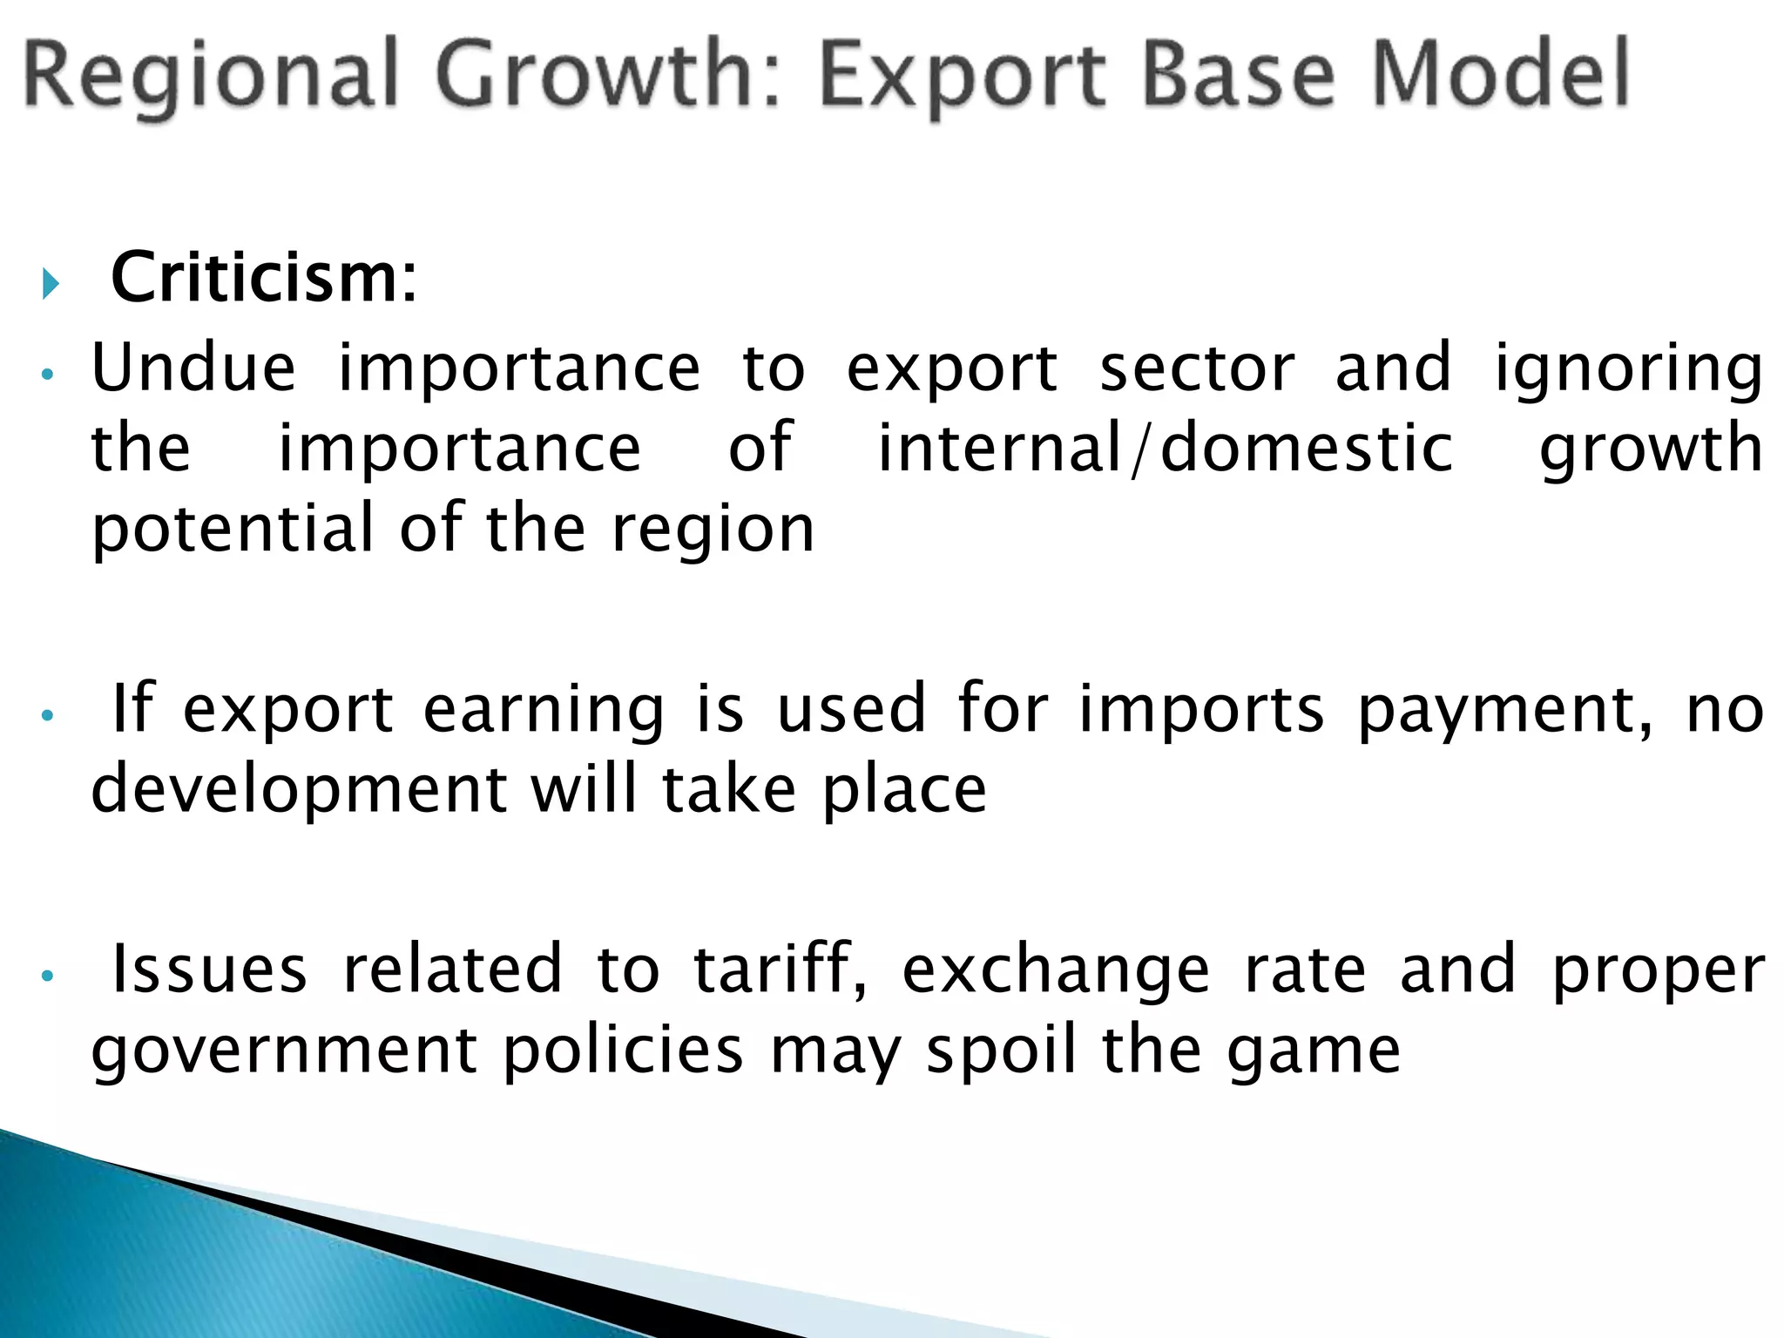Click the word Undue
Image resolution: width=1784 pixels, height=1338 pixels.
193,368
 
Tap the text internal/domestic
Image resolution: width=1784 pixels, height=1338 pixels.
1165,449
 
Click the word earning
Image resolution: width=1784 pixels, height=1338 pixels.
544,710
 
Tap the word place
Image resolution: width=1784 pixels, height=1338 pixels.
904,791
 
